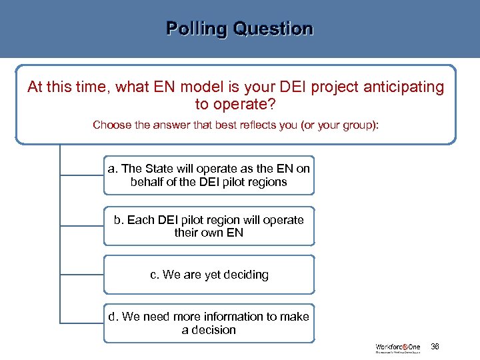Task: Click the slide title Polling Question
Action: pos(239,29)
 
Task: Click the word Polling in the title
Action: pos(197,29)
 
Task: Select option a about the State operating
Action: pos(209,175)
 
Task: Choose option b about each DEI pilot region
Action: pos(209,226)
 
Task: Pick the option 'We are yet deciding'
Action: pos(209,275)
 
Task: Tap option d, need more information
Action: pos(209,323)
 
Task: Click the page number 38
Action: pos(435,347)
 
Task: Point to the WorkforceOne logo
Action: pos(398,348)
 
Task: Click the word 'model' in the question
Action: pos(207,87)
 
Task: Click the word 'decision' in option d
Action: pos(215,330)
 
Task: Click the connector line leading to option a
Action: pos(81,175)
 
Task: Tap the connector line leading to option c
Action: pos(81,275)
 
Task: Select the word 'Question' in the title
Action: pos(273,29)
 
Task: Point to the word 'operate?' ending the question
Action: pos(235,105)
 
